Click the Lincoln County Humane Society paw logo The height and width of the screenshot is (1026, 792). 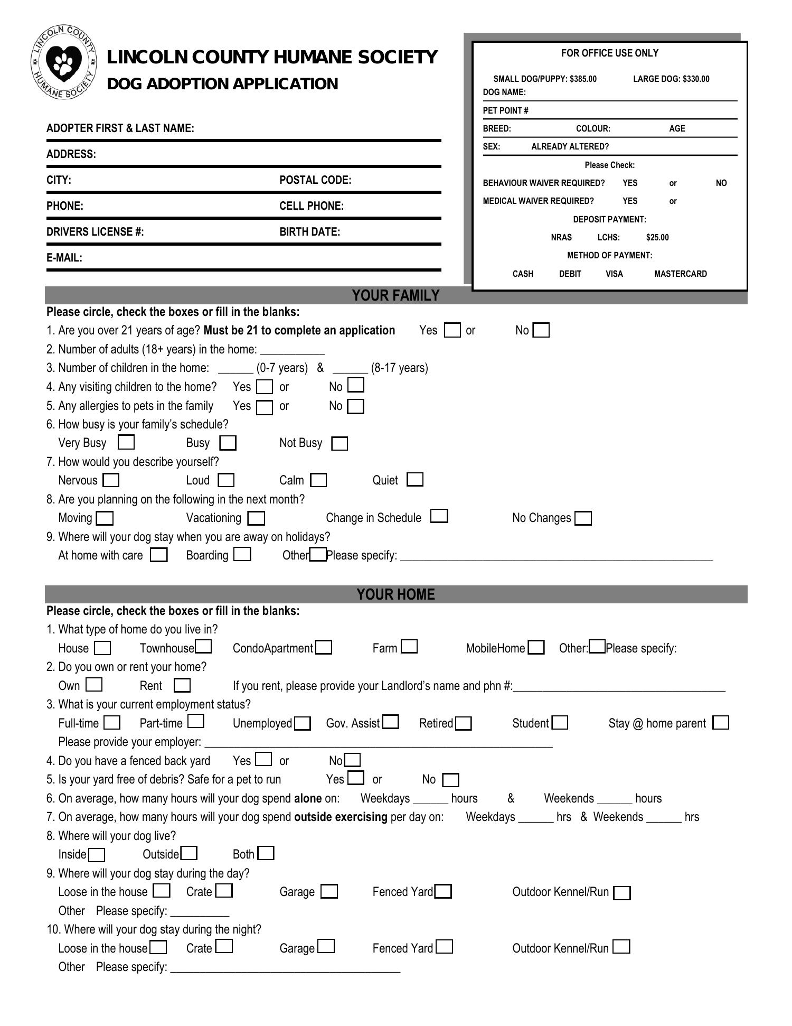(64, 62)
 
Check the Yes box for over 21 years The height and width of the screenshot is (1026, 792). (452, 330)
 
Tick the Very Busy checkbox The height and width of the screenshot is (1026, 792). (126, 442)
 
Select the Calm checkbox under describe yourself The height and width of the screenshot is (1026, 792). (318, 480)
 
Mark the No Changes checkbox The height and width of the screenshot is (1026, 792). (583, 518)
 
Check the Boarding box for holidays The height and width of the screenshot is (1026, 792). (242, 554)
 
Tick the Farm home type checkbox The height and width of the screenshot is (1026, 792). (409, 647)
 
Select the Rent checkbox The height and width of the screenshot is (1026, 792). (182, 685)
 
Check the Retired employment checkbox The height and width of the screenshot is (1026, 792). (463, 723)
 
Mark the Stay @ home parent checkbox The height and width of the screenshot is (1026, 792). (720, 722)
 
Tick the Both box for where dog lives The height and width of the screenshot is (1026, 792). (266, 853)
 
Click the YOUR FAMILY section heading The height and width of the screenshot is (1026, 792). (395, 295)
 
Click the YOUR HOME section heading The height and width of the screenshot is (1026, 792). (395, 594)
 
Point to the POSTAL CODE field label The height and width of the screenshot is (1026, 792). (315, 180)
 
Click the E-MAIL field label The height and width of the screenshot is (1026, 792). (64, 258)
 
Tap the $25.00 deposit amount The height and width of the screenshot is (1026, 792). (657, 237)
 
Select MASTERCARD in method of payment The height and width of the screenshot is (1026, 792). (680, 274)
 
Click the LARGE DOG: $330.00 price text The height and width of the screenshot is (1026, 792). (671, 79)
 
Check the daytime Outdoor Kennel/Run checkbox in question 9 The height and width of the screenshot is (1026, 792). (622, 893)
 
